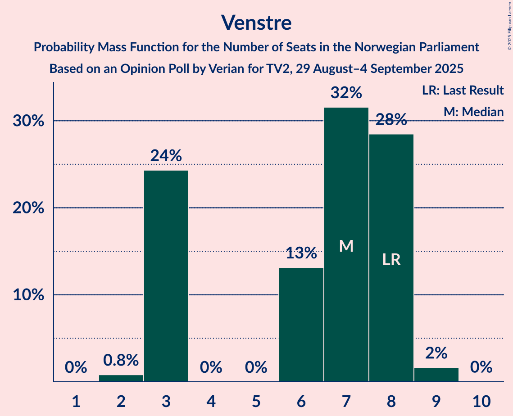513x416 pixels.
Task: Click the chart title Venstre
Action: (256, 23)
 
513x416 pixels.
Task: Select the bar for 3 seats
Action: (166, 276)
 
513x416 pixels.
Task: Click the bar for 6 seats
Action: (301, 324)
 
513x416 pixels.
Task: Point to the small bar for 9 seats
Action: (436, 375)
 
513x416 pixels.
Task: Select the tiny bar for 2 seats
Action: (121, 378)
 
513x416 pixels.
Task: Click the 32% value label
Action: (346, 93)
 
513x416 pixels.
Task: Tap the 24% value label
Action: (166, 156)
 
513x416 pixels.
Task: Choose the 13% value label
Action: (301, 253)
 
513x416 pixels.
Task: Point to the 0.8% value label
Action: (121, 360)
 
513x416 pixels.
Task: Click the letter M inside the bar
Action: (346, 246)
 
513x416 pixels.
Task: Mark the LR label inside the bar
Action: (391, 259)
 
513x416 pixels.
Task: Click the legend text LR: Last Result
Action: (463, 90)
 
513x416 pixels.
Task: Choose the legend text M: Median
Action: (473, 112)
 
